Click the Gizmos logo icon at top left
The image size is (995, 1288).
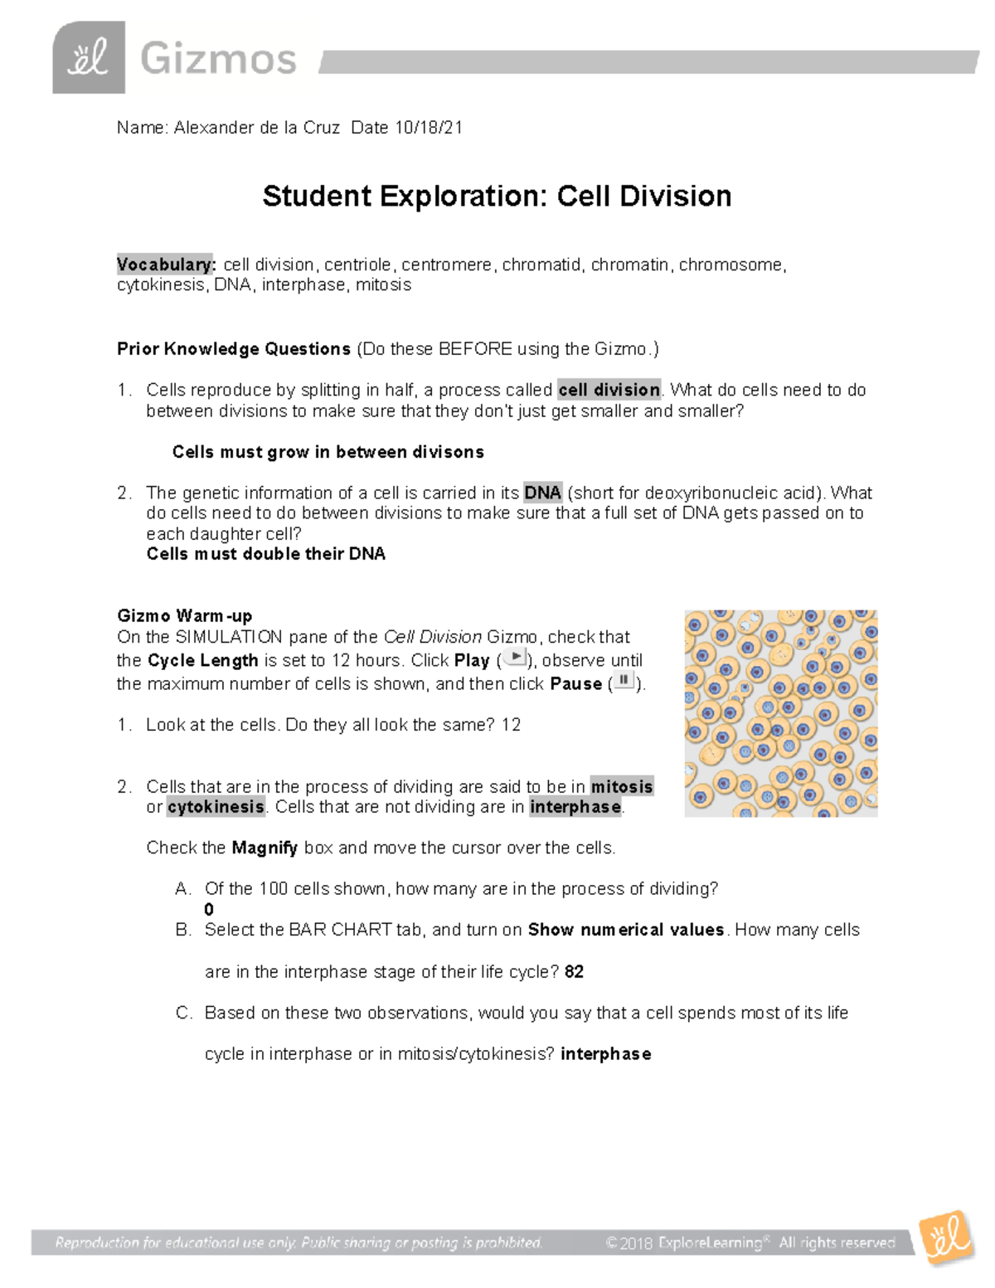88,57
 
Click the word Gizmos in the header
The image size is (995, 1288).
218,60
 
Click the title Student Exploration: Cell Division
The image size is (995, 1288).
497,197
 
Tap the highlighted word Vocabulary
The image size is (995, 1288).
166,265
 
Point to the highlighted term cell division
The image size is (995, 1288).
609,390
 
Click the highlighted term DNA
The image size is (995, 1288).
543,493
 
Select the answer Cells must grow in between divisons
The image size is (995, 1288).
328,452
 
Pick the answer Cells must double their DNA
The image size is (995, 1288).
265,554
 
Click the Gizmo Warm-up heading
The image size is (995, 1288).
184,615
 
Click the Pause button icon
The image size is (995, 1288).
623,682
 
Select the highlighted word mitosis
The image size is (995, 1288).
622,786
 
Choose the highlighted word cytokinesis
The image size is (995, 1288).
216,807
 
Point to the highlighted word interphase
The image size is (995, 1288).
575,807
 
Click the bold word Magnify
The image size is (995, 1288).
265,848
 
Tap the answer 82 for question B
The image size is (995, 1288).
574,972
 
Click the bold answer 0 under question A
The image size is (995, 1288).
209,910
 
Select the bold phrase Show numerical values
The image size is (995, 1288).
626,930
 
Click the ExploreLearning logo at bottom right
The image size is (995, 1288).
946,1238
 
